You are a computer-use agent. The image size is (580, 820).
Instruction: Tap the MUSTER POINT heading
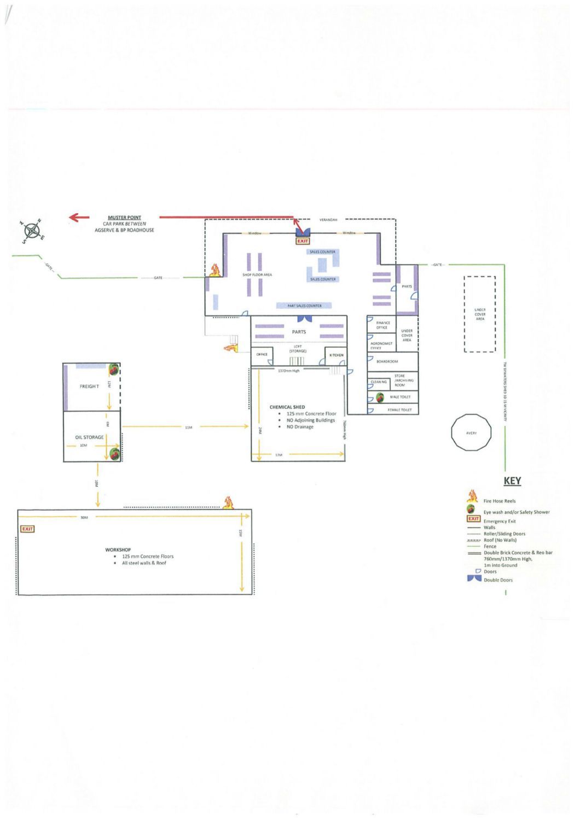[x=124, y=218]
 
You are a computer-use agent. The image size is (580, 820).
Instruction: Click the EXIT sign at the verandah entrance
[x=303, y=241]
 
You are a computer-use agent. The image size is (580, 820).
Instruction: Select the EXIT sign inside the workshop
[x=27, y=529]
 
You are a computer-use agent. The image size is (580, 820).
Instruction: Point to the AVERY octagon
[x=471, y=433]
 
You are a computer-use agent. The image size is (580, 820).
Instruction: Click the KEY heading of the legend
[x=512, y=481]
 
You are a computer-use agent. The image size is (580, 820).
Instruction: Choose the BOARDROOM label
[x=387, y=361]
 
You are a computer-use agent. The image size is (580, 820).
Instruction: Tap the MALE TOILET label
[x=399, y=397]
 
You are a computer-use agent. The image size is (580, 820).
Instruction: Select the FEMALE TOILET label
[x=399, y=409]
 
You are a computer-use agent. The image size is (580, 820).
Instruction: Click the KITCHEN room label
[x=337, y=355]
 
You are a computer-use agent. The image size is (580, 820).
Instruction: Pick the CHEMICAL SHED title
[x=287, y=407]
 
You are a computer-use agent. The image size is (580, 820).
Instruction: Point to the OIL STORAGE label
[x=90, y=437]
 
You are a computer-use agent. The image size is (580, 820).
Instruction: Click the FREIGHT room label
[x=90, y=386]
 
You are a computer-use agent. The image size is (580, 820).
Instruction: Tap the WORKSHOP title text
[x=118, y=549]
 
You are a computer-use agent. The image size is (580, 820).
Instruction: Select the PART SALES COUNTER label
[x=305, y=306]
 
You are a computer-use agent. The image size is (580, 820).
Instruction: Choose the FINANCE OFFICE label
[x=382, y=325]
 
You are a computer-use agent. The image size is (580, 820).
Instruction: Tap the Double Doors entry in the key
[x=498, y=580]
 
